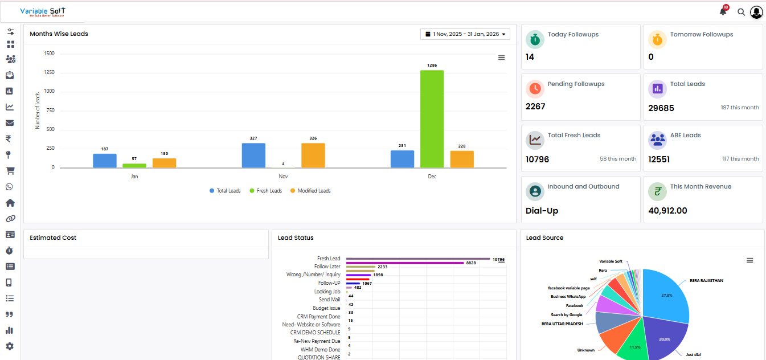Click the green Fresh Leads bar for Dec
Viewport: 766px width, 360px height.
[x=432, y=119]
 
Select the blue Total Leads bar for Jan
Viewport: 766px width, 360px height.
[x=105, y=161]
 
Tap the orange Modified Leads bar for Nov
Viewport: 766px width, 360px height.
[x=313, y=156]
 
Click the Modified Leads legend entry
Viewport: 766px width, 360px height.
[x=310, y=191]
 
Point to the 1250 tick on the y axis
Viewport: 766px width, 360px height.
[x=49, y=72]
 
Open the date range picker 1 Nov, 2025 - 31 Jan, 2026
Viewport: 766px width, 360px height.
[x=465, y=34]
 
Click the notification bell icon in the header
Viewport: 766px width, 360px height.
[x=723, y=11]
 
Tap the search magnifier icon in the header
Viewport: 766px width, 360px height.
[x=741, y=11]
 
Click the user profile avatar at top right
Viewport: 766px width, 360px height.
[x=756, y=11]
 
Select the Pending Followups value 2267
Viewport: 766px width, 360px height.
[x=535, y=107]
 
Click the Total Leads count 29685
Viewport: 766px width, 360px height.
[x=661, y=108]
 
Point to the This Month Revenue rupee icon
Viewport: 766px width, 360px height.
[x=657, y=192]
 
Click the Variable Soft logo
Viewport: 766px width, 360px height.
[x=43, y=11]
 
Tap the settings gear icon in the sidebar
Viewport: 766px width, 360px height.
[x=10, y=346]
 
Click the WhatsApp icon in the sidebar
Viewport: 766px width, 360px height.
[x=10, y=187]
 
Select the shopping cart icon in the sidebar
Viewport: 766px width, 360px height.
[x=10, y=171]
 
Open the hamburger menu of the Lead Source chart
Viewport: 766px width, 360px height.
[x=749, y=260]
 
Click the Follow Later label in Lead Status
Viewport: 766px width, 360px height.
[x=327, y=267]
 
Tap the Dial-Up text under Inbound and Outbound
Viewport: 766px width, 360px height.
[x=542, y=211]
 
